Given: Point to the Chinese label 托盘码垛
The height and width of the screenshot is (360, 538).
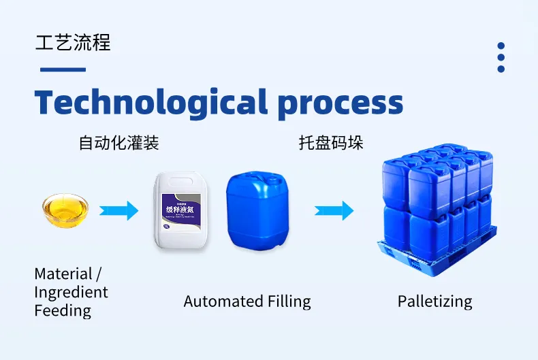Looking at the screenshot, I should point(330,143).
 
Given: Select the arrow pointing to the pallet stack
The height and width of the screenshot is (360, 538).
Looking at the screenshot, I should point(334,211).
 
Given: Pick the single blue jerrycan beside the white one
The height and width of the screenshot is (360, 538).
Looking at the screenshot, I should point(257,211).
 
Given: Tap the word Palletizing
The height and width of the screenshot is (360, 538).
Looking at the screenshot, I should point(434,301).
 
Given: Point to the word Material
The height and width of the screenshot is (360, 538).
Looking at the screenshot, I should point(63,274).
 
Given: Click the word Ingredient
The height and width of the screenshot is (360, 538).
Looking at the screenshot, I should point(71,293).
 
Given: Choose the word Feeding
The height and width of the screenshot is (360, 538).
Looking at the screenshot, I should point(63,311).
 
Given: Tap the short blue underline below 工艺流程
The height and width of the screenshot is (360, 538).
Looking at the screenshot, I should point(63,69).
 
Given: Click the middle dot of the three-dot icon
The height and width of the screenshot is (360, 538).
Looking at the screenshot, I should point(501,57).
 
